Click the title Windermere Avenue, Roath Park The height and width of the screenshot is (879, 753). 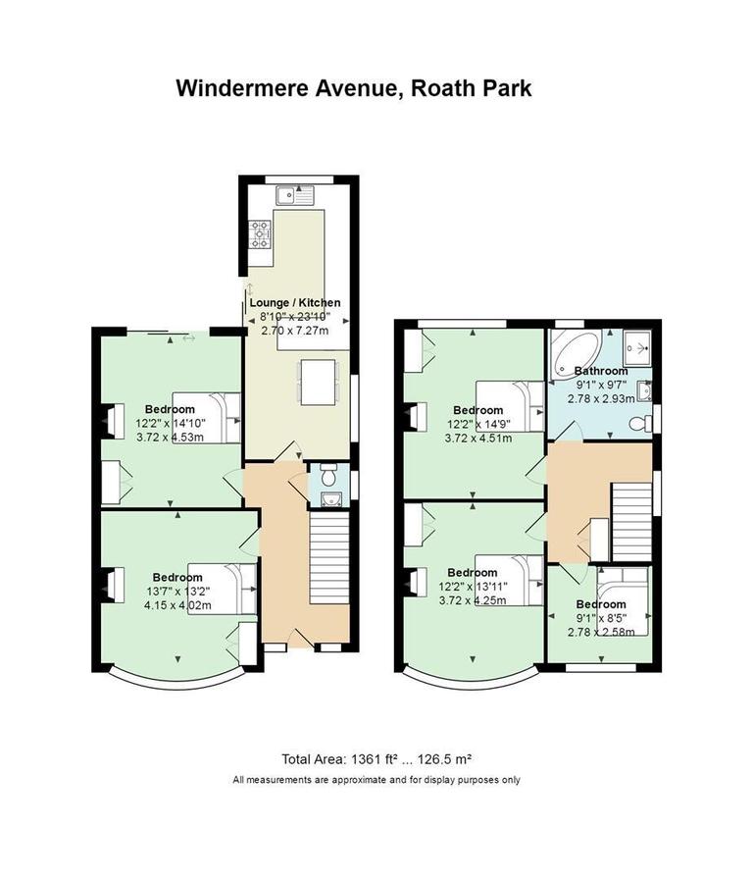point(354,88)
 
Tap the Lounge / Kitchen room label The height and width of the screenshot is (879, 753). point(294,303)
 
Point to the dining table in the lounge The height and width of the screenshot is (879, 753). point(316,383)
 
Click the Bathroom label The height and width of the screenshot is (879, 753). point(600,372)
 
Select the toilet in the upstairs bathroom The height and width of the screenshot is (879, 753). point(639,423)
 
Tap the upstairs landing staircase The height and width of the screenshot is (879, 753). point(632,519)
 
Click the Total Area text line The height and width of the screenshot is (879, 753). point(376,759)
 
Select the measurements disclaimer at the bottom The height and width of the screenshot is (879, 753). point(376,781)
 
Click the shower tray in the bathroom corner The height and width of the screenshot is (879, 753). point(639,346)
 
